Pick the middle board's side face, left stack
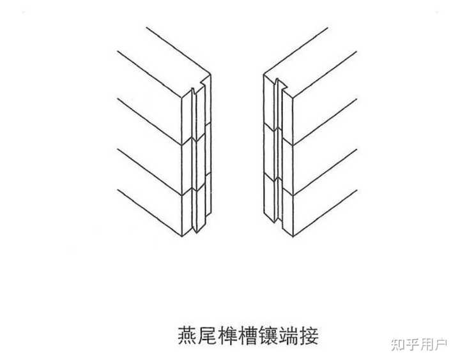(x=150, y=144)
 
